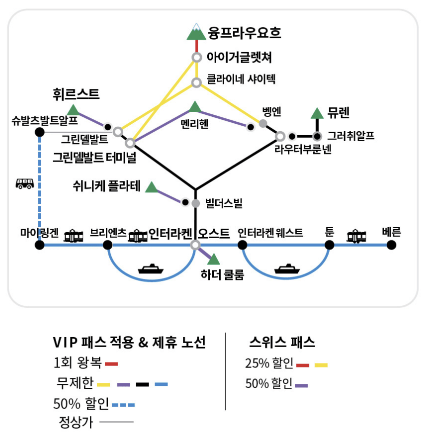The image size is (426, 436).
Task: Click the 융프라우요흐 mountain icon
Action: pos(196,32)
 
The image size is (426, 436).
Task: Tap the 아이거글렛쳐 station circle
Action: pos(196,57)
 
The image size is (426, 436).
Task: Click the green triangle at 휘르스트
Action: pos(73,109)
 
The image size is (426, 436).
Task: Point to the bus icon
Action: pos(25,183)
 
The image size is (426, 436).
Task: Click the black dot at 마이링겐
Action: pos(40,245)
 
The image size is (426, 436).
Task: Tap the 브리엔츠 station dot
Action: pos(107,245)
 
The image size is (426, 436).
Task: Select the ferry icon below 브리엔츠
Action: pos(151,269)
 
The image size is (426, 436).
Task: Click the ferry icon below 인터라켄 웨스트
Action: pos(287,269)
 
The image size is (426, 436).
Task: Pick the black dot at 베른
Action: pos(391,245)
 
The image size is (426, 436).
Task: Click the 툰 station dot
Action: pos(329,245)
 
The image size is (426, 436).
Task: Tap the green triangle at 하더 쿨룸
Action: pos(214,260)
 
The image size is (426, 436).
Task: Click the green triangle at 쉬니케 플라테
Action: pos(151,187)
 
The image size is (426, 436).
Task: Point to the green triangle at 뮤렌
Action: pos(317,113)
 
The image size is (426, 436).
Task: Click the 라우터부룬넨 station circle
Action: pos(280,136)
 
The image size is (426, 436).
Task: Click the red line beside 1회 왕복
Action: pos(111,364)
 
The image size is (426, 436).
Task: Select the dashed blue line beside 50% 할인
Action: pos(123,405)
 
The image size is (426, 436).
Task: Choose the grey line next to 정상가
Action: pos(116,423)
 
